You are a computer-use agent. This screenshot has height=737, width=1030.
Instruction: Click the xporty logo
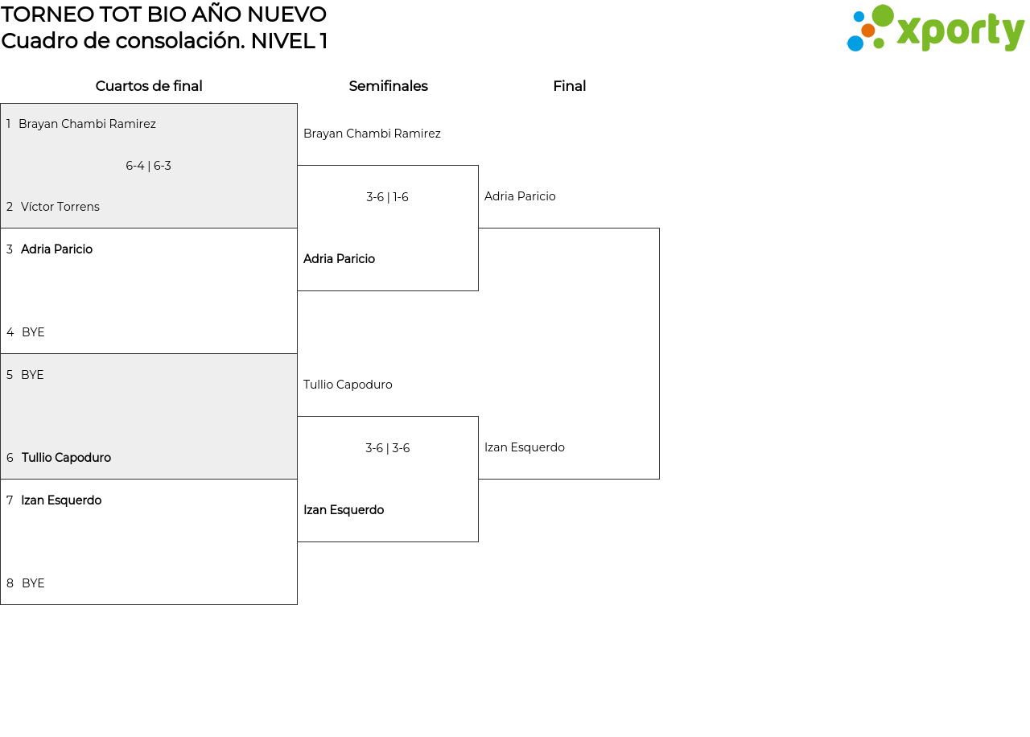935,28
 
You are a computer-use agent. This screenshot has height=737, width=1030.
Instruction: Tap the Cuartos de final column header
149,86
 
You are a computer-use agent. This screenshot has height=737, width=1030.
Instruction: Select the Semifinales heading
388,86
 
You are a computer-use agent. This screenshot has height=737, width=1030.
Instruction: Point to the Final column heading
569,86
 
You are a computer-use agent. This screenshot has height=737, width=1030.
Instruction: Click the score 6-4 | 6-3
149,166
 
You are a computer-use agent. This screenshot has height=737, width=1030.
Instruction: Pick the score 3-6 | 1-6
387,197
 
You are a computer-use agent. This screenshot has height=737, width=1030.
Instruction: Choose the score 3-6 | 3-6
388,448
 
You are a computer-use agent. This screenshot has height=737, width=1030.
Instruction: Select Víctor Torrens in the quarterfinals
60,207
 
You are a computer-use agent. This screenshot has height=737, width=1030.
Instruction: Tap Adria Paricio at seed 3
56,249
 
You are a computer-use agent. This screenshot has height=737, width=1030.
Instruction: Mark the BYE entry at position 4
33,332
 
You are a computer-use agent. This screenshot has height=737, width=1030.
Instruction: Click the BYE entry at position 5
32,375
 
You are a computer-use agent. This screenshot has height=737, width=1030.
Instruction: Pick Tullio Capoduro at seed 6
66,458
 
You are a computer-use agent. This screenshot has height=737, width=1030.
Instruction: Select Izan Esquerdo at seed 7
61,500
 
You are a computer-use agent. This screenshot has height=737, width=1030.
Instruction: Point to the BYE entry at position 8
33,583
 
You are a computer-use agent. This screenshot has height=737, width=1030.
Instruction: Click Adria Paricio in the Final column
520,196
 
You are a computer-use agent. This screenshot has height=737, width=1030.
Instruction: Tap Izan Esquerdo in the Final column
525,447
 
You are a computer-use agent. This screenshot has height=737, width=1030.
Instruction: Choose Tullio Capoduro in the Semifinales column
348,385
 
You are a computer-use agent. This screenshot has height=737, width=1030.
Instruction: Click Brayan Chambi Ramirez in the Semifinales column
372,134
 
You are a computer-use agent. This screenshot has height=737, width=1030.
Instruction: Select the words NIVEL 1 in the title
289,41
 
